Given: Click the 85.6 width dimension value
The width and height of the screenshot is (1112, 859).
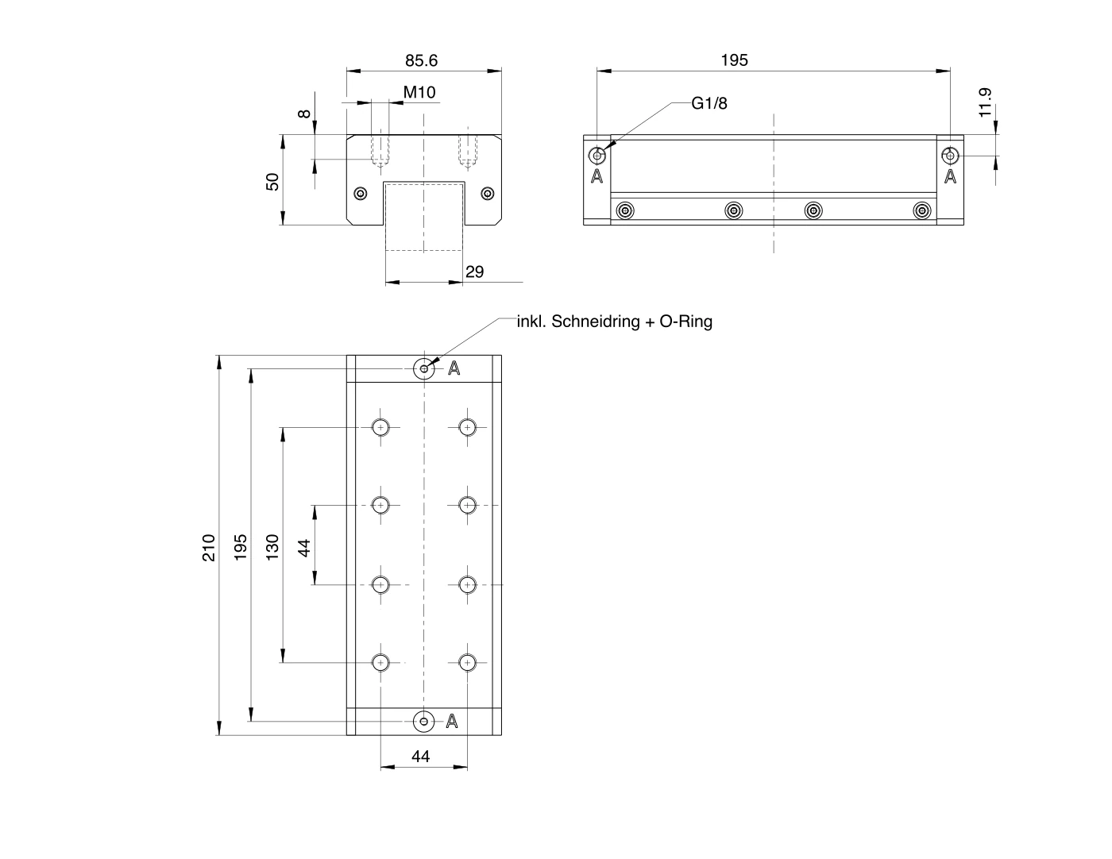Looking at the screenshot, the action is pyautogui.click(x=421, y=61).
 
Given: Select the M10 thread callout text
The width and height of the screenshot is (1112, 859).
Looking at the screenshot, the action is pyautogui.click(x=419, y=93).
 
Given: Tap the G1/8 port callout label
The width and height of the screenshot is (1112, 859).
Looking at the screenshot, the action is pyautogui.click(x=709, y=104).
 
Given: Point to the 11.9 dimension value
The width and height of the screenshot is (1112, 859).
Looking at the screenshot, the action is pyautogui.click(x=985, y=102).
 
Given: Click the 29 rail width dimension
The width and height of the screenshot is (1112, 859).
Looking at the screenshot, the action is pyautogui.click(x=474, y=272).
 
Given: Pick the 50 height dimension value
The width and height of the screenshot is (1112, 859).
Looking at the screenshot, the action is pyautogui.click(x=272, y=182).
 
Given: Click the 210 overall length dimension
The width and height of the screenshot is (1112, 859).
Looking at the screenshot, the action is pyautogui.click(x=209, y=548).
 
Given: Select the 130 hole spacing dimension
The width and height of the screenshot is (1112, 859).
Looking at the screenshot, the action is pyautogui.click(x=272, y=548).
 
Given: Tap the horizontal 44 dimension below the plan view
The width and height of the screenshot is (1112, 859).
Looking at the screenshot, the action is pyautogui.click(x=421, y=757).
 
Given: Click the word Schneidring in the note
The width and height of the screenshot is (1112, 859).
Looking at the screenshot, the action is pyautogui.click(x=595, y=322).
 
